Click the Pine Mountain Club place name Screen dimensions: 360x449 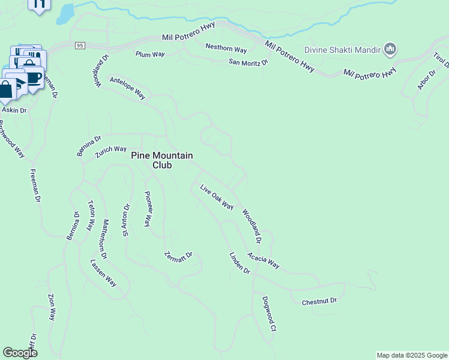pos(162,160)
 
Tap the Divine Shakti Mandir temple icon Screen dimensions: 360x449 pos(391,49)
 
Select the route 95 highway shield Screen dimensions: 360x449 pos(79,46)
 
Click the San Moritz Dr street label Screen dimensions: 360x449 pos(247,62)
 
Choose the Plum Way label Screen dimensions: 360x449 pos(150,54)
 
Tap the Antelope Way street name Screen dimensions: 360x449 pos(127,88)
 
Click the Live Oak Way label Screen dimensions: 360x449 pos(217,197)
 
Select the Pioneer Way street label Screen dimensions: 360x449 pos(147,209)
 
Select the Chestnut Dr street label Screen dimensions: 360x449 pos(319,301)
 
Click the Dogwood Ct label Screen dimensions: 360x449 pos(268,314)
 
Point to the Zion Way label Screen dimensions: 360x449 pos(52,307)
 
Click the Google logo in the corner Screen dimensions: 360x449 pos(20,353)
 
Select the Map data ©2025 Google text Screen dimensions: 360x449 pos(412,355)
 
